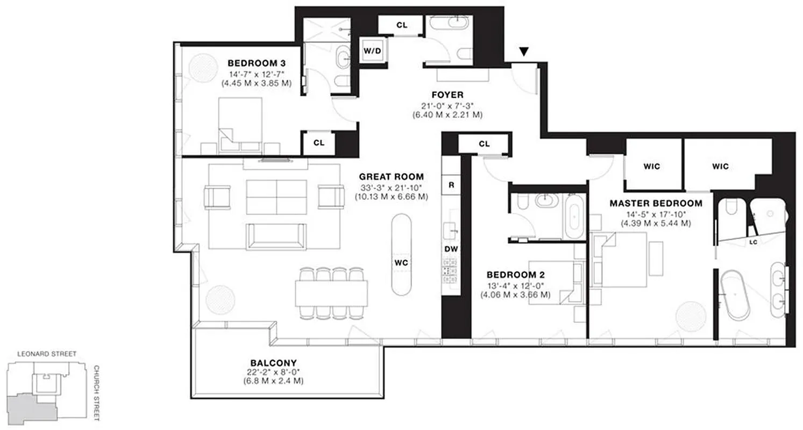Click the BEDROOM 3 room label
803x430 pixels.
[256, 61]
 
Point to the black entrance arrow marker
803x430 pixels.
[524, 52]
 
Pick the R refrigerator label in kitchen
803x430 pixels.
[451, 185]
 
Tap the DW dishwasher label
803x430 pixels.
[450, 249]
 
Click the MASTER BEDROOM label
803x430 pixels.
[656, 203]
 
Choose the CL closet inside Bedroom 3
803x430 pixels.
[318, 143]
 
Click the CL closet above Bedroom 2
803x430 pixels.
[484, 144]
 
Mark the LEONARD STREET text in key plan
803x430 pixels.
[46, 354]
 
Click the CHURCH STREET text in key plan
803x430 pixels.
[97, 393]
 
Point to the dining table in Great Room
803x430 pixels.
[331, 293]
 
